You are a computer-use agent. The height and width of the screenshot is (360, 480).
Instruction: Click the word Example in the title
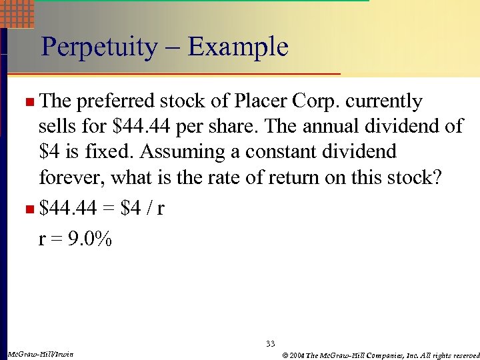(x=238, y=47)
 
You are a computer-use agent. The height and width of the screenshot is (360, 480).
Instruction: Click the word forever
(x=72, y=177)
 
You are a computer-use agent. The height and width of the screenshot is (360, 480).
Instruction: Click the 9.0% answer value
(x=89, y=239)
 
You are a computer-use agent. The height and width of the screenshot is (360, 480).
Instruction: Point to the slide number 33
(x=270, y=343)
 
